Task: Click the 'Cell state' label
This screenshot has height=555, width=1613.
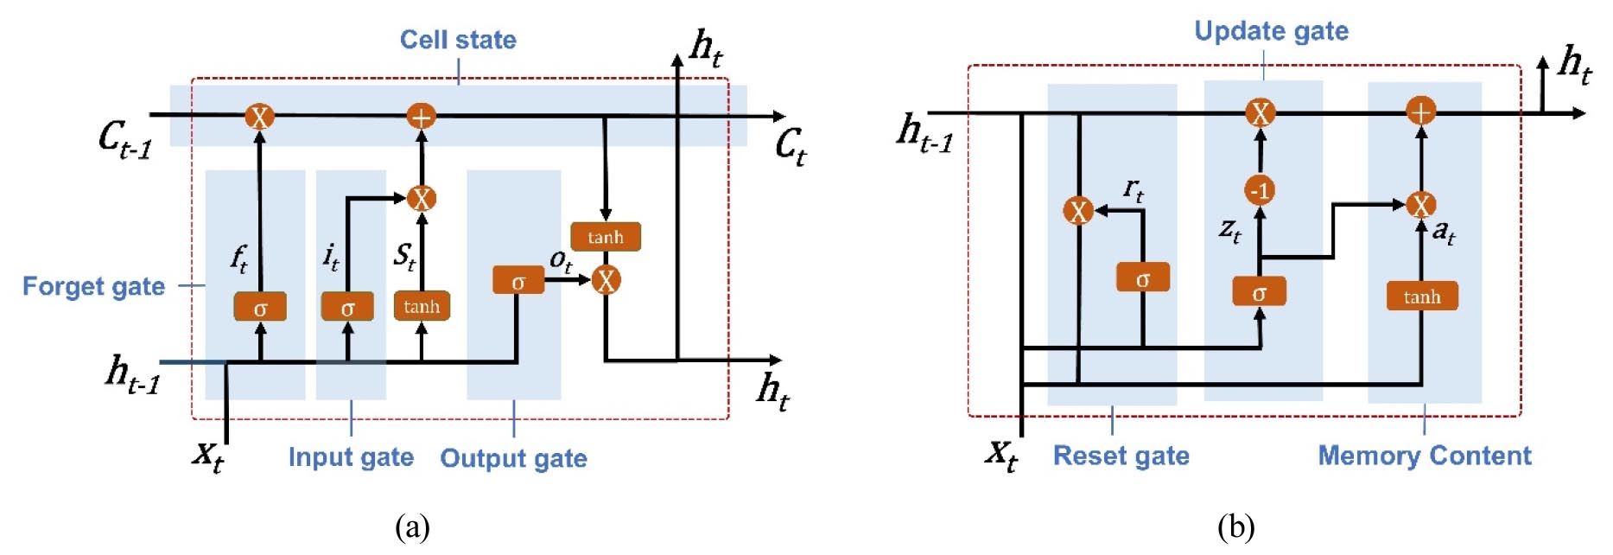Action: point(458,40)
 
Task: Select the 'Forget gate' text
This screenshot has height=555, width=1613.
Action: point(93,286)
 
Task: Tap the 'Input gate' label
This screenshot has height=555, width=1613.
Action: point(351,456)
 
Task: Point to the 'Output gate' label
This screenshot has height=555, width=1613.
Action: point(513,458)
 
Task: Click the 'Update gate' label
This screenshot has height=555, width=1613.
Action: point(1271,31)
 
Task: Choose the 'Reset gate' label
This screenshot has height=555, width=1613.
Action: point(1121,456)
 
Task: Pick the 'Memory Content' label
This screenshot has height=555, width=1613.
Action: point(1424,456)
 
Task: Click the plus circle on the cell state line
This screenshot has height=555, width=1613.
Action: point(421,116)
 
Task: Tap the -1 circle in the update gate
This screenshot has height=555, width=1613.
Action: point(1260,190)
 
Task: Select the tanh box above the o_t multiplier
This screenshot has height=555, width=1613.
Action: point(606,237)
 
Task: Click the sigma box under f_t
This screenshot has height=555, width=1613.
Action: point(260,307)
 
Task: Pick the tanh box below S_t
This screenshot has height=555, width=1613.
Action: point(422,306)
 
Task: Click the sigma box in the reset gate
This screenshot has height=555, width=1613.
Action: point(1142,277)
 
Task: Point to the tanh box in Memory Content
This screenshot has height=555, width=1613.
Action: point(1421,297)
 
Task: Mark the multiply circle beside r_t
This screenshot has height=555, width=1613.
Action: point(1078,210)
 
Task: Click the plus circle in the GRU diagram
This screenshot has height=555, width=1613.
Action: point(1420,111)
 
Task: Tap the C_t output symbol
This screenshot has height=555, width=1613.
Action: point(791,145)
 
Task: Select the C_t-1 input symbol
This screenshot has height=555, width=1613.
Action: point(124,138)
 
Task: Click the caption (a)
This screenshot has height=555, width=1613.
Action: point(412,526)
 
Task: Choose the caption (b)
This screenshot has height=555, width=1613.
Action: point(1235,526)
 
